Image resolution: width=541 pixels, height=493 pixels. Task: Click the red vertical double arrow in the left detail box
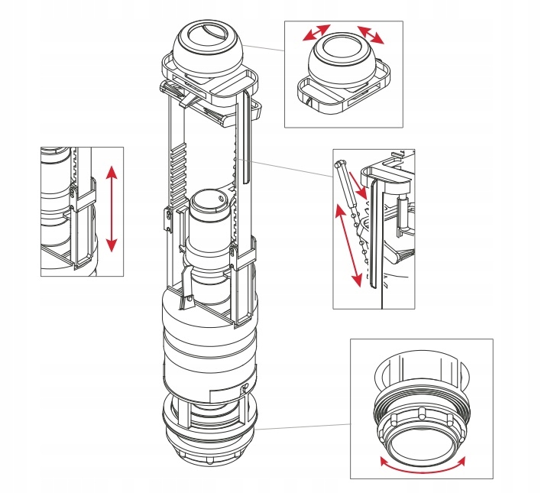pos(112,208)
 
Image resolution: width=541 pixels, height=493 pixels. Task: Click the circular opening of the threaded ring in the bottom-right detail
pos(421,435)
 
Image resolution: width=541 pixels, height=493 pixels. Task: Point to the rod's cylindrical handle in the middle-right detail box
pos(339,168)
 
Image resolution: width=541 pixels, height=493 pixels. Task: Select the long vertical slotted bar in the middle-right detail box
pos(372,237)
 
